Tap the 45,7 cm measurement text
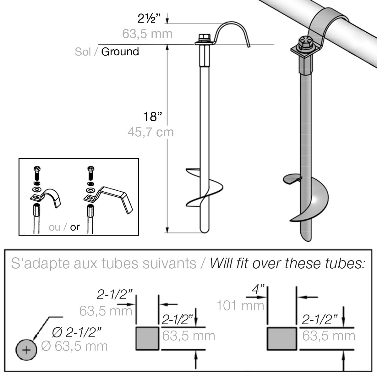point(150,132)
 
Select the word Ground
point(120,52)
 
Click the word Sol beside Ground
point(83,52)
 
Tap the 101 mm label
point(240,305)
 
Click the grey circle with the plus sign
point(26,350)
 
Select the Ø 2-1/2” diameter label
point(77,332)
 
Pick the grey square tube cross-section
point(147,338)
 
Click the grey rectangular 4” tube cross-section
point(282,338)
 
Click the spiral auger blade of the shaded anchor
point(311,201)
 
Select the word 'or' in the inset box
point(75,227)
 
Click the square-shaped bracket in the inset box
point(116,196)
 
